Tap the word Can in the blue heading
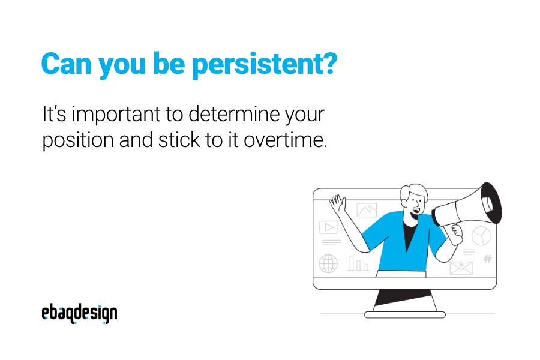66,64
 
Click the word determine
234,113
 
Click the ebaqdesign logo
79,313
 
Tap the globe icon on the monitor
328,263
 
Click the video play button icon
329,227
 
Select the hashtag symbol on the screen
488,259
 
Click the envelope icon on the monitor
461,268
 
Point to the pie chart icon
481,236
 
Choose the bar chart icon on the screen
358,263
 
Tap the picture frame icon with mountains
367,210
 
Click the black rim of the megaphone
492,203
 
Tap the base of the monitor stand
404,314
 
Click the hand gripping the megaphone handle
457,234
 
